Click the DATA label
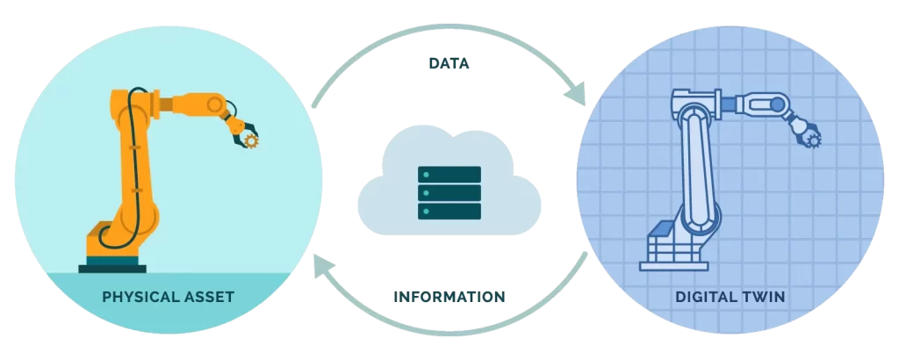pyautogui.click(x=449, y=63)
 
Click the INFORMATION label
pyautogui.click(x=449, y=297)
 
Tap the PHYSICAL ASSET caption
pyautogui.click(x=168, y=297)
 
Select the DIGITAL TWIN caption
pyautogui.click(x=730, y=298)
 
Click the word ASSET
pyautogui.click(x=209, y=297)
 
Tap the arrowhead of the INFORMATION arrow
pyautogui.click(x=323, y=266)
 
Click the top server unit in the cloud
pyautogui.click(x=449, y=174)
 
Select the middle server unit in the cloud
pyautogui.click(x=449, y=192)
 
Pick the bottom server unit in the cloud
pyautogui.click(x=449, y=211)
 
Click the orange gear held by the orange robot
pyautogui.click(x=251, y=140)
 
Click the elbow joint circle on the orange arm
pyautogui.click(x=215, y=104)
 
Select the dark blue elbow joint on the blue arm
pyautogui.click(x=777, y=104)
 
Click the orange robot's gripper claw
pyautogui.click(x=243, y=130)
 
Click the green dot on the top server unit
pyautogui.click(x=426, y=174)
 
